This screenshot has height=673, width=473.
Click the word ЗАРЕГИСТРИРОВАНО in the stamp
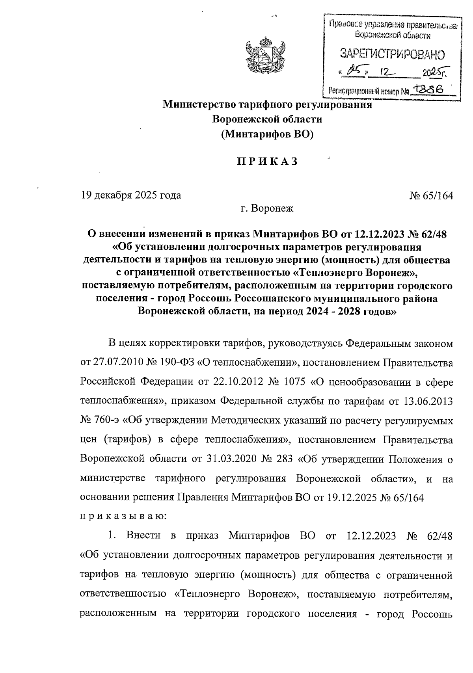point(392,54)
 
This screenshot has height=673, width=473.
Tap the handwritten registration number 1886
point(428,90)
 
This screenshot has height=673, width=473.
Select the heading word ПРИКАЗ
point(267,162)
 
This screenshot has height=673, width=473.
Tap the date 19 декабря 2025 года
point(131,195)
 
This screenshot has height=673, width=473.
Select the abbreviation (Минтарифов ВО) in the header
point(267,134)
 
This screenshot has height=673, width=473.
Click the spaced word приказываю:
point(123,517)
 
